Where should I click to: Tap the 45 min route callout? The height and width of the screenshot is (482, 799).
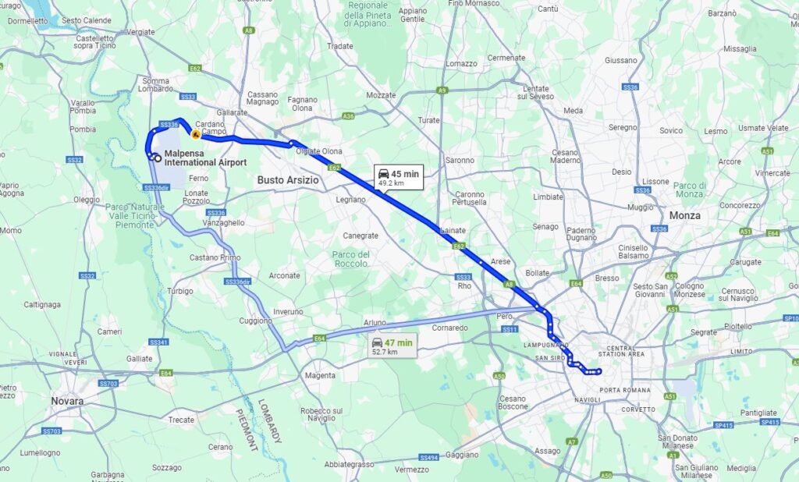[398, 177]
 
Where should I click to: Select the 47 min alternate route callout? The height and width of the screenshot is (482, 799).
[392, 346]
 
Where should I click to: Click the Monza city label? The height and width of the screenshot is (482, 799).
[684, 215]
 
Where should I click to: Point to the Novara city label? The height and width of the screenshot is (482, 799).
[67, 401]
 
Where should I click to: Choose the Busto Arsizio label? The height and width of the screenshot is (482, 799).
[288, 180]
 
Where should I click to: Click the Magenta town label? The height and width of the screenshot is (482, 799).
[320, 375]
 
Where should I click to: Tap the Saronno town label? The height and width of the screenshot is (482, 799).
[459, 160]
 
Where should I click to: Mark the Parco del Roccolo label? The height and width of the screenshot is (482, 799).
[351, 259]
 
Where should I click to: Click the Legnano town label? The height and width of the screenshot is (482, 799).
[350, 200]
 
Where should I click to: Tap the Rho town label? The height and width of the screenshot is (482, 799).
[464, 285]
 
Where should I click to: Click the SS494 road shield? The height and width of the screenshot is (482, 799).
[428, 458]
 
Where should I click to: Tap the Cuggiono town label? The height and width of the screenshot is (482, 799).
[255, 321]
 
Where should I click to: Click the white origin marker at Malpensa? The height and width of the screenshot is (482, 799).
[158, 158]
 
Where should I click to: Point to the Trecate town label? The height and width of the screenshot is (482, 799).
[181, 420]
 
